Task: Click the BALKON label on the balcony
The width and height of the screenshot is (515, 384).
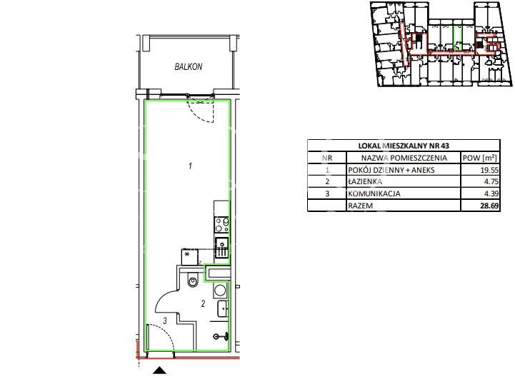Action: pyautogui.click(x=188, y=66)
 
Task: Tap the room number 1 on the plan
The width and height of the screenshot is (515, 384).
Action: pyautogui.click(x=190, y=166)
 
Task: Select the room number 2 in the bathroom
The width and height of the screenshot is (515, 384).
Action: pyautogui.click(x=203, y=303)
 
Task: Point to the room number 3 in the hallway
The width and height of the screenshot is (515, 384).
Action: pyautogui.click(x=165, y=320)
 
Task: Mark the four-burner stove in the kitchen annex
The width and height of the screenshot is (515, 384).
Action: pyautogui.click(x=221, y=225)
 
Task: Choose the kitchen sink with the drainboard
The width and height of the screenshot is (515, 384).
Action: pyautogui.click(x=221, y=248)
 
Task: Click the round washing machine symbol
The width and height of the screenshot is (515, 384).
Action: pyautogui.click(x=220, y=290)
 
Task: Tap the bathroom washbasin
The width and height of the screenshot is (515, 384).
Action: pyautogui.click(x=223, y=309)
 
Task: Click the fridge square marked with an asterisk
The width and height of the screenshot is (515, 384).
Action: pyautogui.click(x=189, y=256)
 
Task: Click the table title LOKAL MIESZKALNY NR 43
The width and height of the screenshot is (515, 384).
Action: pyautogui.click(x=404, y=146)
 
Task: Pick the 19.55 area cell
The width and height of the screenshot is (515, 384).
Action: pyautogui.click(x=489, y=170)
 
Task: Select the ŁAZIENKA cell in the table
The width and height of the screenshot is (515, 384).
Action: pyautogui.click(x=365, y=181)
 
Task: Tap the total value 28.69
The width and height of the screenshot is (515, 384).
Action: pyautogui.click(x=489, y=206)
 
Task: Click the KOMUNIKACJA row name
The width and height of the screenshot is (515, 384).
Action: pyautogui.click(x=374, y=193)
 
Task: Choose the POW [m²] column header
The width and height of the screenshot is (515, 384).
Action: pyautogui.click(x=479, y=158)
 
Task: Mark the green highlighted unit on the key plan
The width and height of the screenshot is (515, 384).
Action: pyautogui.click(x=458, y=38)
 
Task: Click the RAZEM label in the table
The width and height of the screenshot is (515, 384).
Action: pyautogui.click(x=360, y=206)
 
